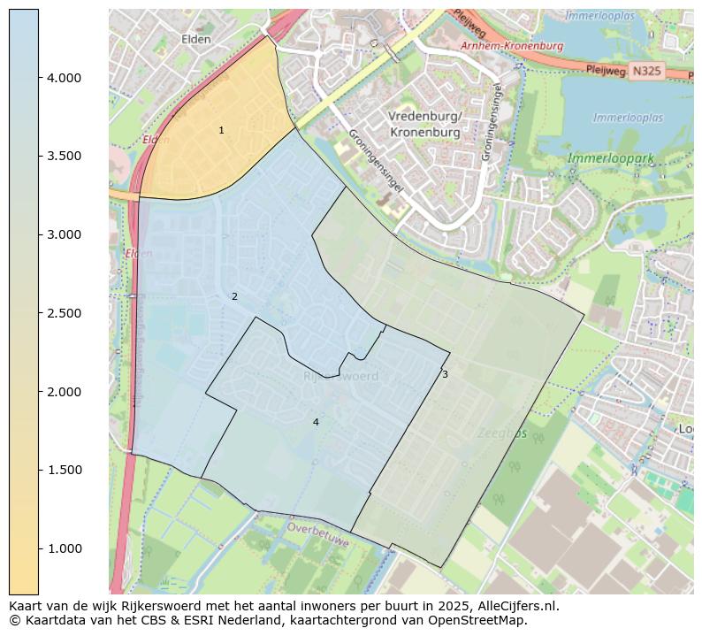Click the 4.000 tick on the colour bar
[x=64, y=78]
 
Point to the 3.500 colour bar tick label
[x=64, y=157]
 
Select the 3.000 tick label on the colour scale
[x=64, y=234]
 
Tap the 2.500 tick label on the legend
[x=64, y=313]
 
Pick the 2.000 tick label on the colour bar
[x=64, y=392]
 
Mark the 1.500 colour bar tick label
[x=64, y=470]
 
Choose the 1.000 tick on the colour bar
[x=64, y=548]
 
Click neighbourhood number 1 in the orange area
[x=221, y=131]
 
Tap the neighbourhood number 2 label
[x=234, y=297]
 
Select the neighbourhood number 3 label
[x=445, y=375]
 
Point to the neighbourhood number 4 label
[x=316, y=423]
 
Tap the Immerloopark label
[x=610, y=159]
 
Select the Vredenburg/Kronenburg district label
[x=425, y=125]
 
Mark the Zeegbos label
[x=502, y=434]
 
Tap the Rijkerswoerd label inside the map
[x=340, y=377]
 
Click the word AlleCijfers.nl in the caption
[x=513, y=607]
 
